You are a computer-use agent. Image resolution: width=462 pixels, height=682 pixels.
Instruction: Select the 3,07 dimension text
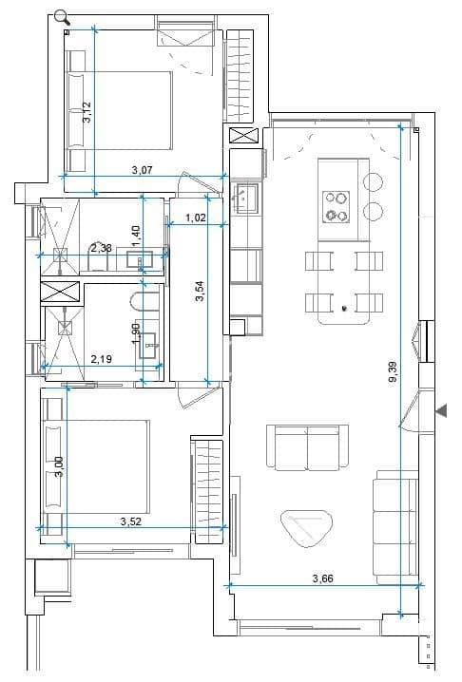[143, 170]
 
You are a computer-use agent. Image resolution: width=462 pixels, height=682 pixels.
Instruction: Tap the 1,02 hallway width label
[197, 218]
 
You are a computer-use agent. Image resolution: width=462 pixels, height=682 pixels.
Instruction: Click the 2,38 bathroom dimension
[101, 248]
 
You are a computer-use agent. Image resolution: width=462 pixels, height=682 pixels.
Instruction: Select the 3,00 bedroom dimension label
[59, 467]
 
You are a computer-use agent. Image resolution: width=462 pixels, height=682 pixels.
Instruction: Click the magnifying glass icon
[62, 16]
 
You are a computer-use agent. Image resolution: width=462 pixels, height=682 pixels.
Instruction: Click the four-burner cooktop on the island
[337, 206]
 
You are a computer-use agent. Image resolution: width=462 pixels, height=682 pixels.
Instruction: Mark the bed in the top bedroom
[117, 109]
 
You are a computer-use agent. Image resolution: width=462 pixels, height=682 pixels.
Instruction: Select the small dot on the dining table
[344, 308]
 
